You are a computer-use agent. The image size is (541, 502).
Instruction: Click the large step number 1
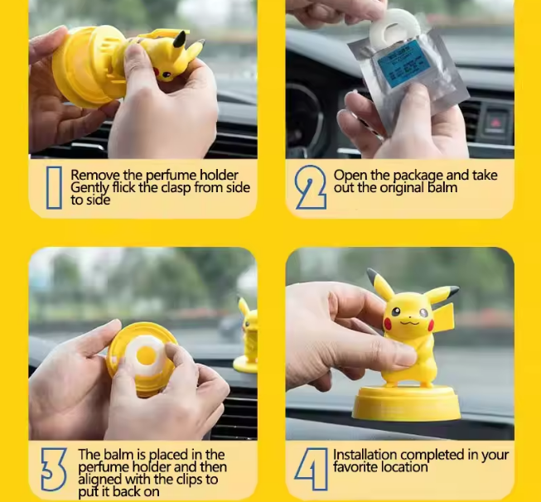point(54,188)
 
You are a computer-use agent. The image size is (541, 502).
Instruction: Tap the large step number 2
point(310,187)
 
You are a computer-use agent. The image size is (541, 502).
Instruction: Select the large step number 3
point(54,469)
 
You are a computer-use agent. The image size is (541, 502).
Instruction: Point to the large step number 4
point(312,469)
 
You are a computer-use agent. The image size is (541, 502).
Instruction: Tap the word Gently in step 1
point(89,188)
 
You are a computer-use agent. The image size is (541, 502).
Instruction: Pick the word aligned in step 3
point(100,480)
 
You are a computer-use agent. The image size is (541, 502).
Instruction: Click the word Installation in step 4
point(365,455)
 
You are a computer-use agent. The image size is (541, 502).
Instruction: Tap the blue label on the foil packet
point(403,64)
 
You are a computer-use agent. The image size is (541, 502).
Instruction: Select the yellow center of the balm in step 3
point(146,355)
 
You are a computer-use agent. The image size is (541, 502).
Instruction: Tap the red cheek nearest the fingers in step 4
point(388,324)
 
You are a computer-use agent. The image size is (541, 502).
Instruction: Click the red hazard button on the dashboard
point(495,122)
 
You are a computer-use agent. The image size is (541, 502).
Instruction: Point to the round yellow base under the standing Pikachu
point(406,403)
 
